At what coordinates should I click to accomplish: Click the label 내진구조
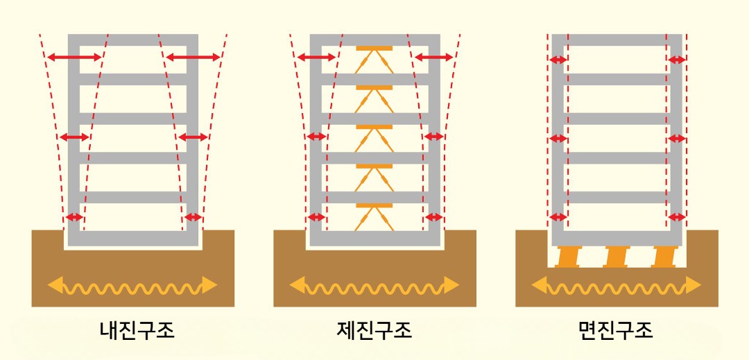point(137,330)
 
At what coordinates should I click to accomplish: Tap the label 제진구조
point(374,330)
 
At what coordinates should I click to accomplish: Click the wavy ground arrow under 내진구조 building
point(132,286)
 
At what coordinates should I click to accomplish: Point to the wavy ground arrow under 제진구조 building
point(374,286)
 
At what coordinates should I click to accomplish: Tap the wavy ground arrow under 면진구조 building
point(617,286)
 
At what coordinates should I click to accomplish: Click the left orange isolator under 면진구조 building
point(567,257)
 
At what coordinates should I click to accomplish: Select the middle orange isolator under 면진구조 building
point(616,257)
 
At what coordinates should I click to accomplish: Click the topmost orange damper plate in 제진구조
point(374,49)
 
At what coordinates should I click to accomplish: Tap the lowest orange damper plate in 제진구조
point(374,205)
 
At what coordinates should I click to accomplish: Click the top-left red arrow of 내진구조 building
point(74,58)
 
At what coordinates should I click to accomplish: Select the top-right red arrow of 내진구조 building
point(193,58)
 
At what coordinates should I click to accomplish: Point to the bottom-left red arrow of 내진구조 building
point(74,217)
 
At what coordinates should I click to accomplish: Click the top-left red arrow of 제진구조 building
point(317,58)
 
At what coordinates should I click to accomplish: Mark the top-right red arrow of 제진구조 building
point(433,58)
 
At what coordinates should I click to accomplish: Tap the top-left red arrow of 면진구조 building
point(558,60)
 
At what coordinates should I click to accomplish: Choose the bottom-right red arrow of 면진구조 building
point(677,217)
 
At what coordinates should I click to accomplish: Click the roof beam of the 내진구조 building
point(132,40)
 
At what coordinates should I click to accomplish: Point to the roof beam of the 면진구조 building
point(617,40)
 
